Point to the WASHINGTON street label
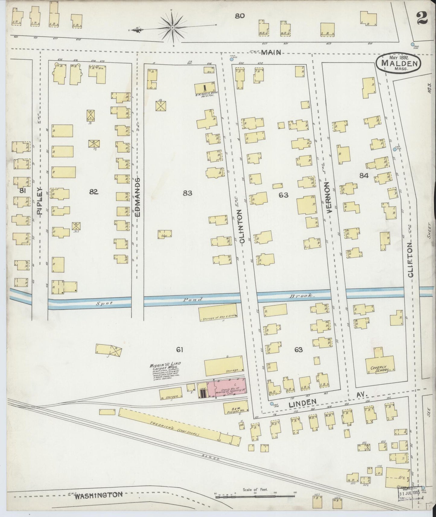click(x=99, y=495)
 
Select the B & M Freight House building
click(x=235, y=408)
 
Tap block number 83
click(x=187, y=193)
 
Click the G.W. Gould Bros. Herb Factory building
click(x=205, y=88)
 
